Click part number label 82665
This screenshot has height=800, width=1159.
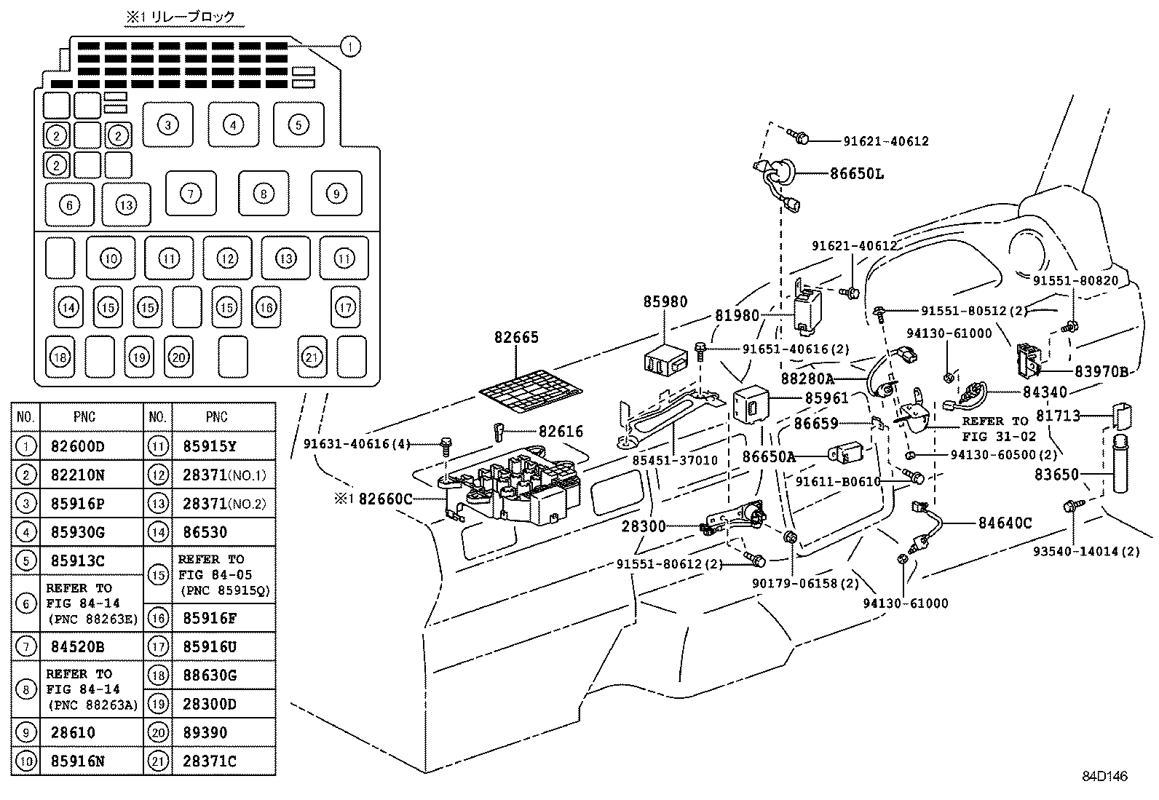516,338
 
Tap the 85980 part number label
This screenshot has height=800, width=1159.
665,301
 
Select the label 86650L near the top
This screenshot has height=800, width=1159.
857,174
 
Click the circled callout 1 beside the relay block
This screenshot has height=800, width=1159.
350,47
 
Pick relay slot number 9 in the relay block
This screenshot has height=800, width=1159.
336,194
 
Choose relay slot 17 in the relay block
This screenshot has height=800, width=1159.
345,307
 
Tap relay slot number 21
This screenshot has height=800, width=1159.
312,357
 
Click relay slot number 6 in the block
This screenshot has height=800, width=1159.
70,205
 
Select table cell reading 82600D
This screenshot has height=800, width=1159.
78,446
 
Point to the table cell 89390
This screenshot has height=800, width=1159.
205,732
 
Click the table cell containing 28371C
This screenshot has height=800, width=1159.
210,761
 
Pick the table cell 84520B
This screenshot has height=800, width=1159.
78,646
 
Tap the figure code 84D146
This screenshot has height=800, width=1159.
1104,777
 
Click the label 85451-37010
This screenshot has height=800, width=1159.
675,461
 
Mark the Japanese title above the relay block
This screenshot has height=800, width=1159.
180,15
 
